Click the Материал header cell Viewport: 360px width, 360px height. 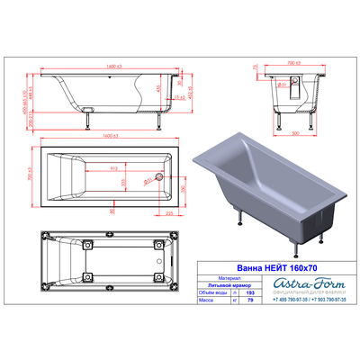coord(222,278)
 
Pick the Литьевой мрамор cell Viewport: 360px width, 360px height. coord(222,285)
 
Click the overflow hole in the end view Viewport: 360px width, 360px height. coord(282,85)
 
